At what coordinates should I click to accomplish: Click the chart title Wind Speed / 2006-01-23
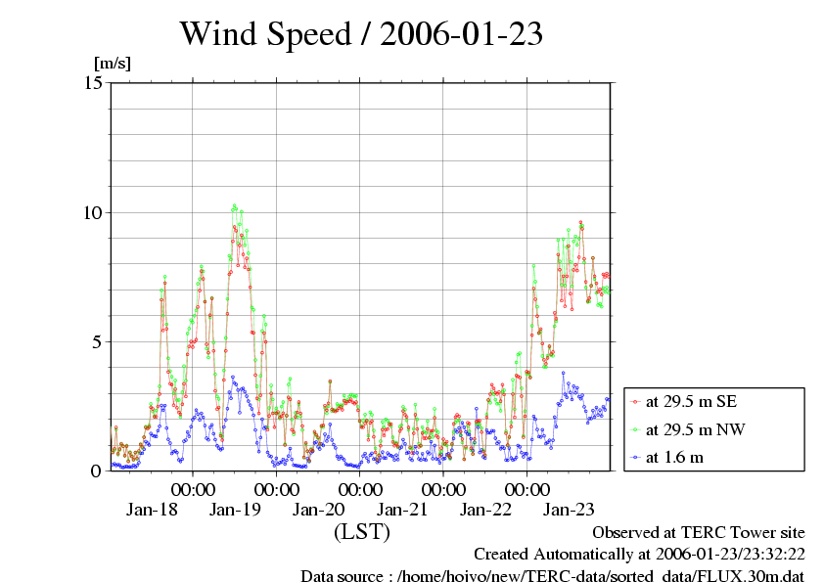361,33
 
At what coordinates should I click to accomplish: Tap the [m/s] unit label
113,64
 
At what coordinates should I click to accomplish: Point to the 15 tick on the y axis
94,82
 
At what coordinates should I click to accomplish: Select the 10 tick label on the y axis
94,212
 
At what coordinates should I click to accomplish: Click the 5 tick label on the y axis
97,342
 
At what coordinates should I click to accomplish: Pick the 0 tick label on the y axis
96,471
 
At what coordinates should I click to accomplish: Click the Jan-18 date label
152,509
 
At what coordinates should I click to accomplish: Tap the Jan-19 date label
235,509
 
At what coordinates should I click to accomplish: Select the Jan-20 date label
318,509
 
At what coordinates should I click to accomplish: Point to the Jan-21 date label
402,509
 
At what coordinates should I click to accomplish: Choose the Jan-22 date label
485,509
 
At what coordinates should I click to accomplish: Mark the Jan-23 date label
569,509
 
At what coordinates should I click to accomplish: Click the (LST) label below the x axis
362,531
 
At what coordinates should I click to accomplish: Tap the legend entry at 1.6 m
667,458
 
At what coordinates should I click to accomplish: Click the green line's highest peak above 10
234,206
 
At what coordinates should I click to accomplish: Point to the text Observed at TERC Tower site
699,533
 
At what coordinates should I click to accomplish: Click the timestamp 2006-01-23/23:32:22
730,555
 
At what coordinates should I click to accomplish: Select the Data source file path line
553,575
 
